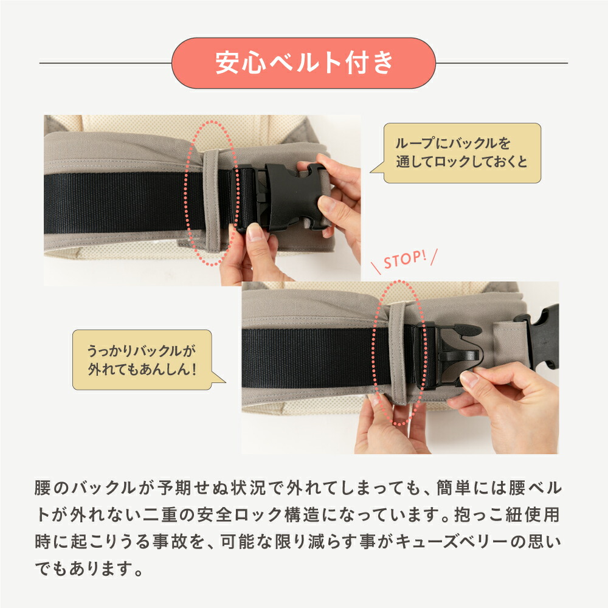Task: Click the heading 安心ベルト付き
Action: [304, 63]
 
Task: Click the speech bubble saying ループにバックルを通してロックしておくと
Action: [462, 153]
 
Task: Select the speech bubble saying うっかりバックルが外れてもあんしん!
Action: [142, 360]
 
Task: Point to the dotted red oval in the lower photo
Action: [398, 353]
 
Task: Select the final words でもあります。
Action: [89, 570]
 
